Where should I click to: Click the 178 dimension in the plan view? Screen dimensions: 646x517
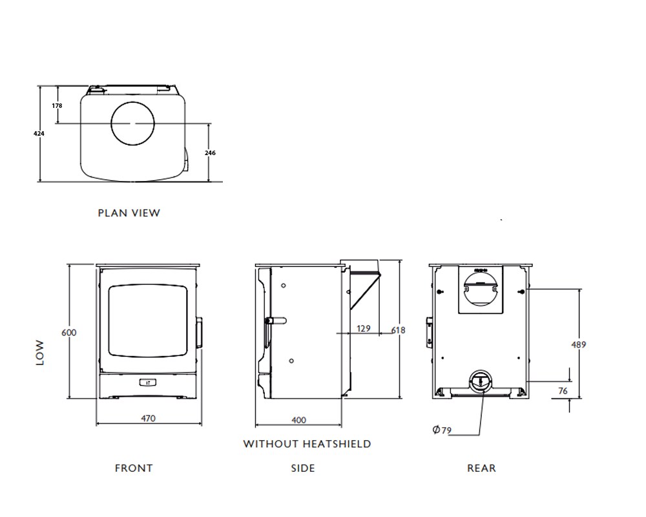point(57,105)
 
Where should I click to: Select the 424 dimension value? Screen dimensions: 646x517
point(39,134)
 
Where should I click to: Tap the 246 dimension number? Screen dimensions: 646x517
point(210,153)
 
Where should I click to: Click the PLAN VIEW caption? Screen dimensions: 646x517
point(129,213)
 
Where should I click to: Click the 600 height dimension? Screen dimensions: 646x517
point(69,333)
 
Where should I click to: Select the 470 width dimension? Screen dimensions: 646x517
point(149,419)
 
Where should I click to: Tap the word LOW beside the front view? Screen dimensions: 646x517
point(40,353)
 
